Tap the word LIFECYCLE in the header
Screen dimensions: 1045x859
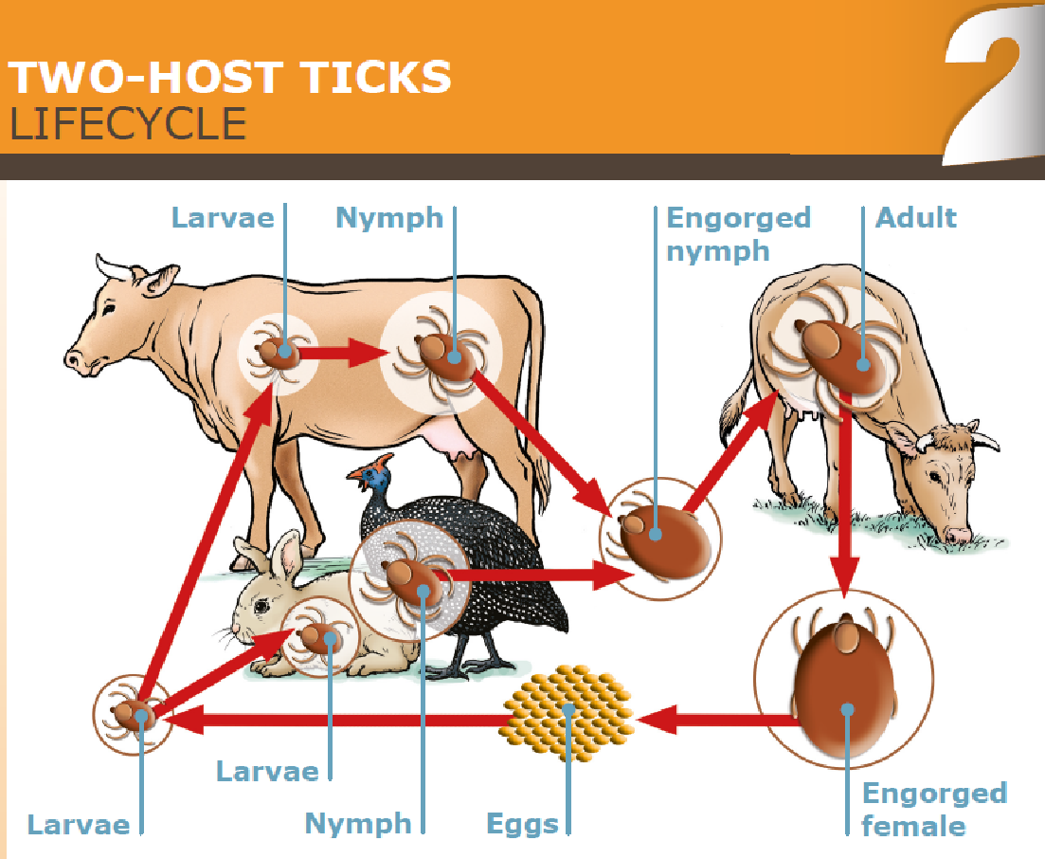click(x=127, y=124)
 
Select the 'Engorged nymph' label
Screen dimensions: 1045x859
click(x=738, y=233)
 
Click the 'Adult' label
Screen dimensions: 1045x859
click(x=915, y=218)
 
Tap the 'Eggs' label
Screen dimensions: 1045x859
click(x=522, y=823)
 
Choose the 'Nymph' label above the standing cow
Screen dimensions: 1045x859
click(x=389, y=218)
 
